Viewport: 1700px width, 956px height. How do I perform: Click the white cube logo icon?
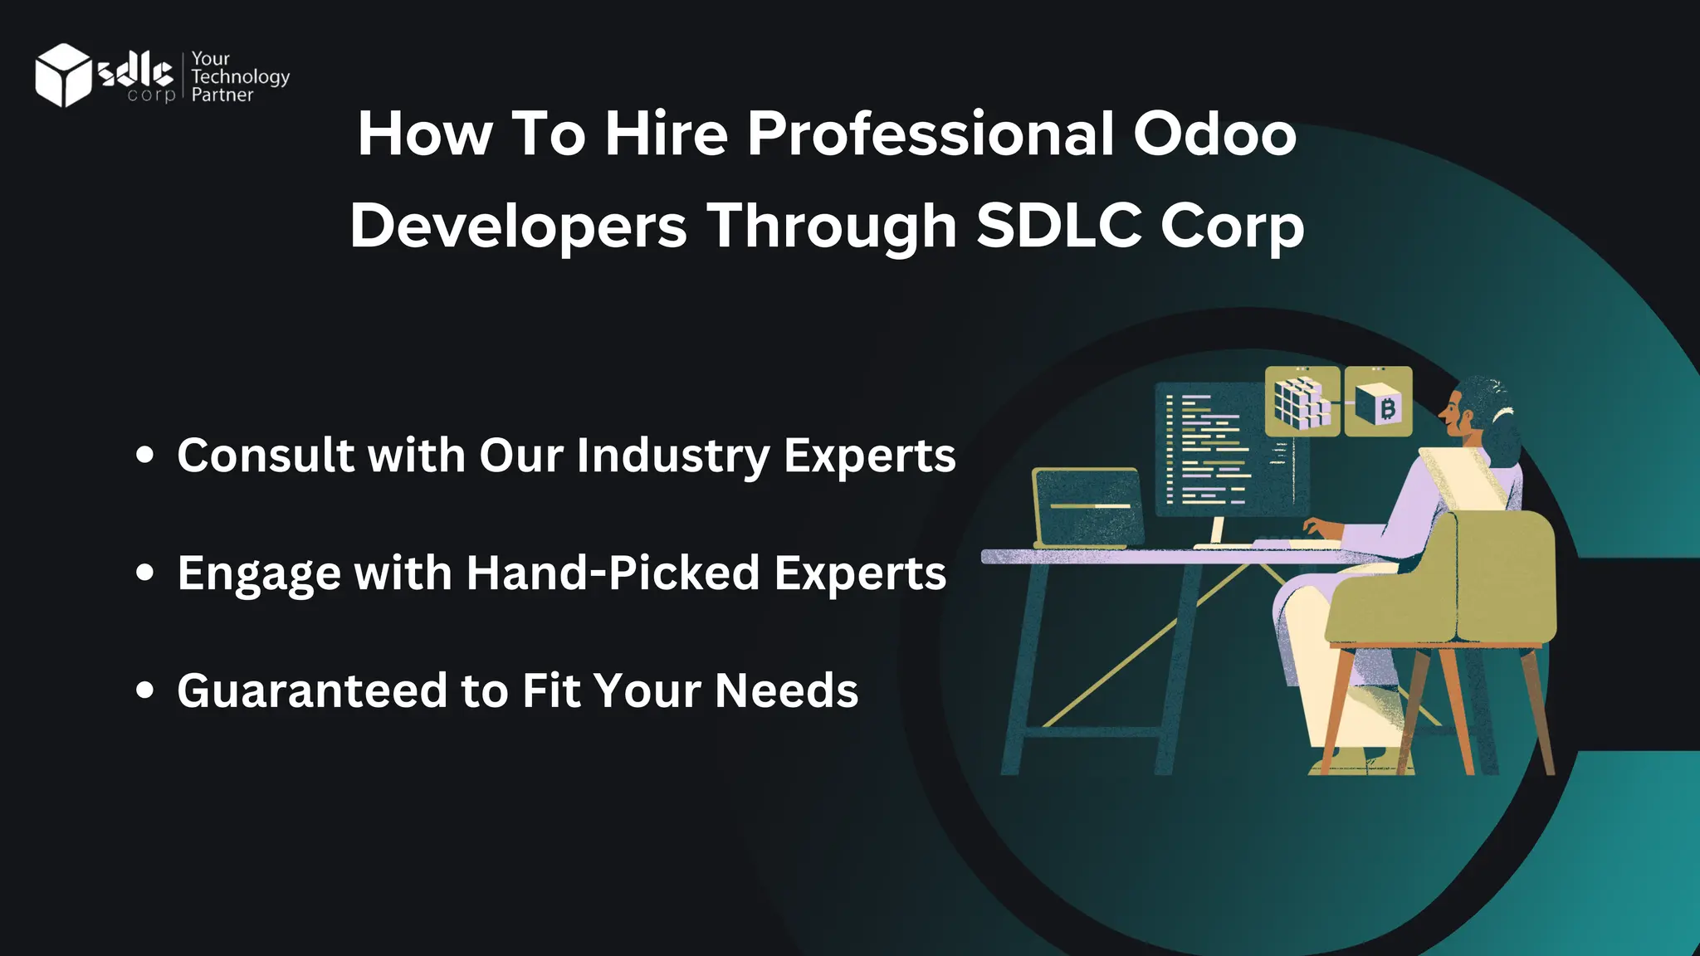tap(63, 75)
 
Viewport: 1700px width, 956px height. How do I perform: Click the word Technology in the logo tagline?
tap(240, 76)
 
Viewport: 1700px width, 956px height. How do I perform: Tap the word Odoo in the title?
tap(1214, 134)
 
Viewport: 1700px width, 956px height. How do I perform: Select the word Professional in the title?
tap(931, 134)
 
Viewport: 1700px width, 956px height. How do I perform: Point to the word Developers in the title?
tap(519, 226)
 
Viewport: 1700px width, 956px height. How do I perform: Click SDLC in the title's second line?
tap(1059, 226)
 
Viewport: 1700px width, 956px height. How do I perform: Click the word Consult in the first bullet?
tap(266, 456)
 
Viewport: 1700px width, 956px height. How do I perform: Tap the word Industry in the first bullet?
tap(673, 456)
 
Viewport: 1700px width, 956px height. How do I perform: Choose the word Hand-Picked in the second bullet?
tap(613, 573)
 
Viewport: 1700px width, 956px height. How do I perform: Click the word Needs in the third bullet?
tap(786, 691)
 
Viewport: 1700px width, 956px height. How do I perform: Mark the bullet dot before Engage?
tap(145, 573)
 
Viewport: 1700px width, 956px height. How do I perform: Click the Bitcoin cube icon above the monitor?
tap(1378, 402)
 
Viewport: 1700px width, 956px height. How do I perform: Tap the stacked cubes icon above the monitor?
tap(1302, 402)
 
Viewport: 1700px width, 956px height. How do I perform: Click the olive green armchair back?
tap(1502, 573)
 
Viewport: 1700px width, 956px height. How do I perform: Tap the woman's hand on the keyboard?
tap(1320, 528)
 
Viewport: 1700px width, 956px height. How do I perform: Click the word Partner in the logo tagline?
tap(222, 95)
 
